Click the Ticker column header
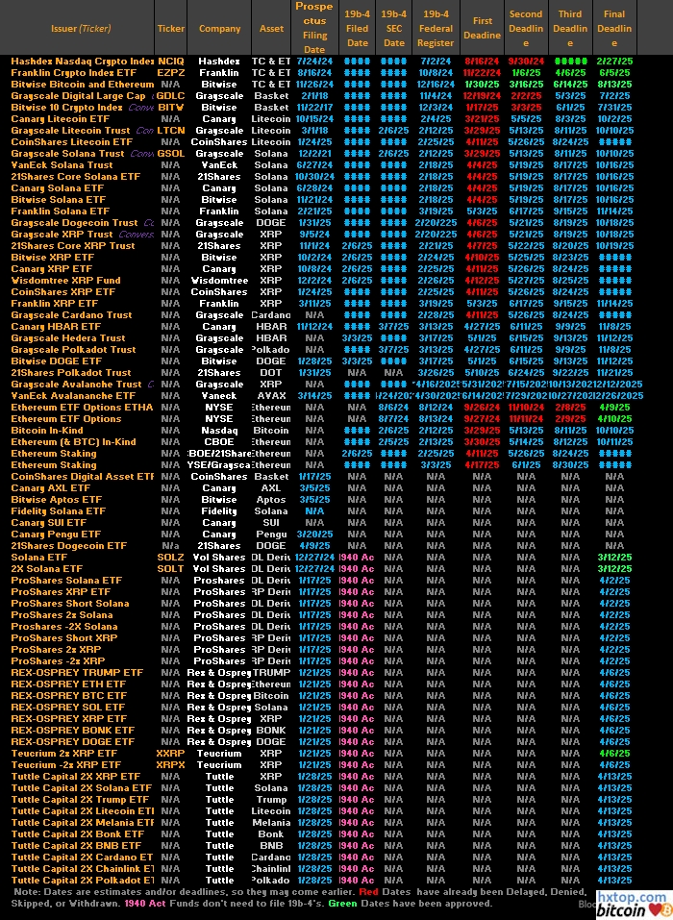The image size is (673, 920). coord(171,29)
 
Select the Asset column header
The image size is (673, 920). coord(272,29)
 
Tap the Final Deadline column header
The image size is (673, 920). coord(613,29)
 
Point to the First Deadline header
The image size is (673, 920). coord(483,28)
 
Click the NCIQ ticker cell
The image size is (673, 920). coord(171,62)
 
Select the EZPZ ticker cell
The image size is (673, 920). coord(171,73)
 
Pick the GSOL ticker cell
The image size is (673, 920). coord(171,154)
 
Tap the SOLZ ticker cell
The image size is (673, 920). coord(171,558)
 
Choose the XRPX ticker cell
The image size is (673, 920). coord(171,765)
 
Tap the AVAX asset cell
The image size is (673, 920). coord(272,396)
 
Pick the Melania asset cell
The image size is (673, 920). coord(272,823)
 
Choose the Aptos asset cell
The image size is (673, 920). coord(272,500)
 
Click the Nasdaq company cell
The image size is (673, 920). coord(219,431)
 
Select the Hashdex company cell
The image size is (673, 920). coord(219,62)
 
